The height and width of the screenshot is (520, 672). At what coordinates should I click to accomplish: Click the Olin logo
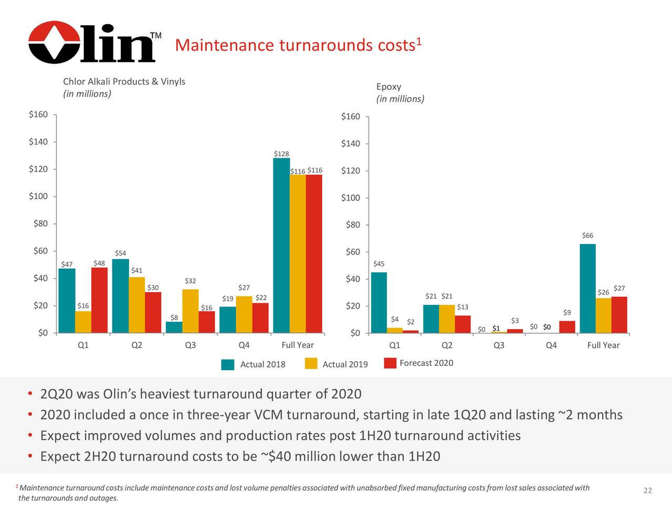point(92,42)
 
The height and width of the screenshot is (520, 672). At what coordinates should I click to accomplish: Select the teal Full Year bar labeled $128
point(281,245)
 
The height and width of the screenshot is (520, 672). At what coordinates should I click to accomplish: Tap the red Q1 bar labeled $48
point(99,300)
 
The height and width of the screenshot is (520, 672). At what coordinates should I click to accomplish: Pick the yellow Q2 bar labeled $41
point(136,305)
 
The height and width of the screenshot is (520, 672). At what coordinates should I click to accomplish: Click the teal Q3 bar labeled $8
point(174,327)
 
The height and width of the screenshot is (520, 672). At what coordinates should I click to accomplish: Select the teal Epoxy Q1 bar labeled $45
point(379,302)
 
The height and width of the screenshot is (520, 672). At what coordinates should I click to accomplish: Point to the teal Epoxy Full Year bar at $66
point(587,288)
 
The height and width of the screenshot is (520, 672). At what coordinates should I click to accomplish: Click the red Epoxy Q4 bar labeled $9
point(567,327)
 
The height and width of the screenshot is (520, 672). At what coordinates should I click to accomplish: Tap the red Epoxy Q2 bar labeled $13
point(463,324)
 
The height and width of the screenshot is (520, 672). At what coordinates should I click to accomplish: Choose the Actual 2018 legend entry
point(254,364)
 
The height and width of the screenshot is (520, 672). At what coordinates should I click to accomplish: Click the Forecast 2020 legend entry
point(418,363)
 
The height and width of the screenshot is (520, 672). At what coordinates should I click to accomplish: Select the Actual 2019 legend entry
point(337,364)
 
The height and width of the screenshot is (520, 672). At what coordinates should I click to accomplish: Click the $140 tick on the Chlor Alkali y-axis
point(38,141)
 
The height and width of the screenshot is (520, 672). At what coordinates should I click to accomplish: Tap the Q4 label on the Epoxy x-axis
point(551,345)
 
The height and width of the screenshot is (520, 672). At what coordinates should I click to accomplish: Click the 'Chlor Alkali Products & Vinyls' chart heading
point(124,81)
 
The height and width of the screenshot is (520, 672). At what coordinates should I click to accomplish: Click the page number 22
point(647,491)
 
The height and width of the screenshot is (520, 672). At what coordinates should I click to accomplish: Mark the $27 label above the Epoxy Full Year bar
point(619,288)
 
